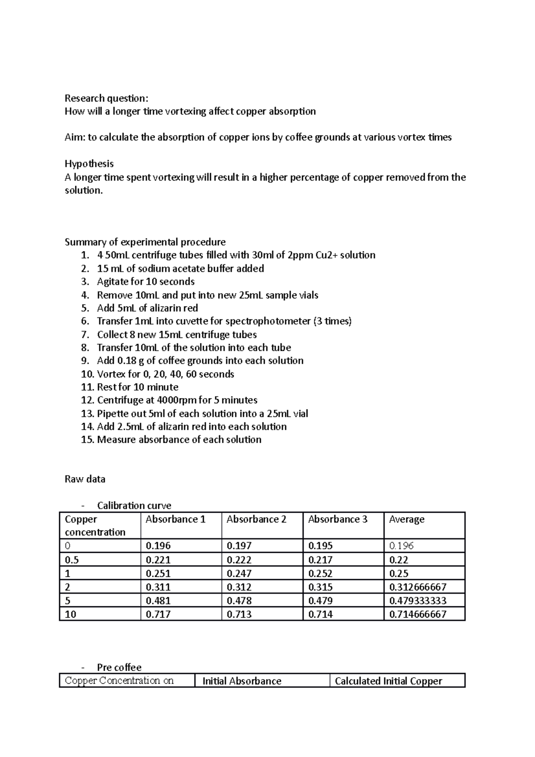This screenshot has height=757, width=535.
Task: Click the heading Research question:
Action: point(106,98)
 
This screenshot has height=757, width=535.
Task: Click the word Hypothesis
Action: point(89,164)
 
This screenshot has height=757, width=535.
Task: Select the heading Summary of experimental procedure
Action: point(145,242)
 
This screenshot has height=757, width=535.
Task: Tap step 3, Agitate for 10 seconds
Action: point(145,282)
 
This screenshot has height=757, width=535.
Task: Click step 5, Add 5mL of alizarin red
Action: point(147,308)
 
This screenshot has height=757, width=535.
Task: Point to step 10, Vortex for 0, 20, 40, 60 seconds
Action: point(165,374)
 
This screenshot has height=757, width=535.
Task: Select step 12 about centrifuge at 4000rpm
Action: point(177,400)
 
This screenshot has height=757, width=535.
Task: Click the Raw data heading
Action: point(85,479)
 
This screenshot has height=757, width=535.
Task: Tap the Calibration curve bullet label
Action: point(134,506)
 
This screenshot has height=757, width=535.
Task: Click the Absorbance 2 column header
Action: point(256,519)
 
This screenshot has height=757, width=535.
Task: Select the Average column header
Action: point(407,519)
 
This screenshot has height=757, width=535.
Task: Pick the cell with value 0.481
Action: point(158,601)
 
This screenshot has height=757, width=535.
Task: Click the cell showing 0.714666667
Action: point(418,614)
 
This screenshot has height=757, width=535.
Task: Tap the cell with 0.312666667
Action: point(418,587)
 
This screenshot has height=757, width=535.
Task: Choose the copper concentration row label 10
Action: point(70,614)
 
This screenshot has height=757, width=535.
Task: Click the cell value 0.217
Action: point(320,560)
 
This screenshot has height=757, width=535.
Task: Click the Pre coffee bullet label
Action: point(119,667)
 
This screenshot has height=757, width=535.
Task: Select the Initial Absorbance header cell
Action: point(242,681)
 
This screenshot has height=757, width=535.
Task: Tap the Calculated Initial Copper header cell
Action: point(388,681)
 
